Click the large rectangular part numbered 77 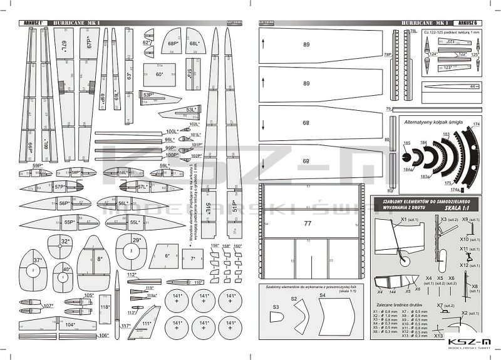coord(307,222)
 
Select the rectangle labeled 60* coord(159,75)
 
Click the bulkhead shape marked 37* coord(33,269)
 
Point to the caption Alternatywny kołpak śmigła coord(433,122)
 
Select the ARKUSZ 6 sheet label coord(470,23)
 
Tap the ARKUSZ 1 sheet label coord(33,23)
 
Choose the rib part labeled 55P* coord(69,222)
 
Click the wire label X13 coord(439,336)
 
